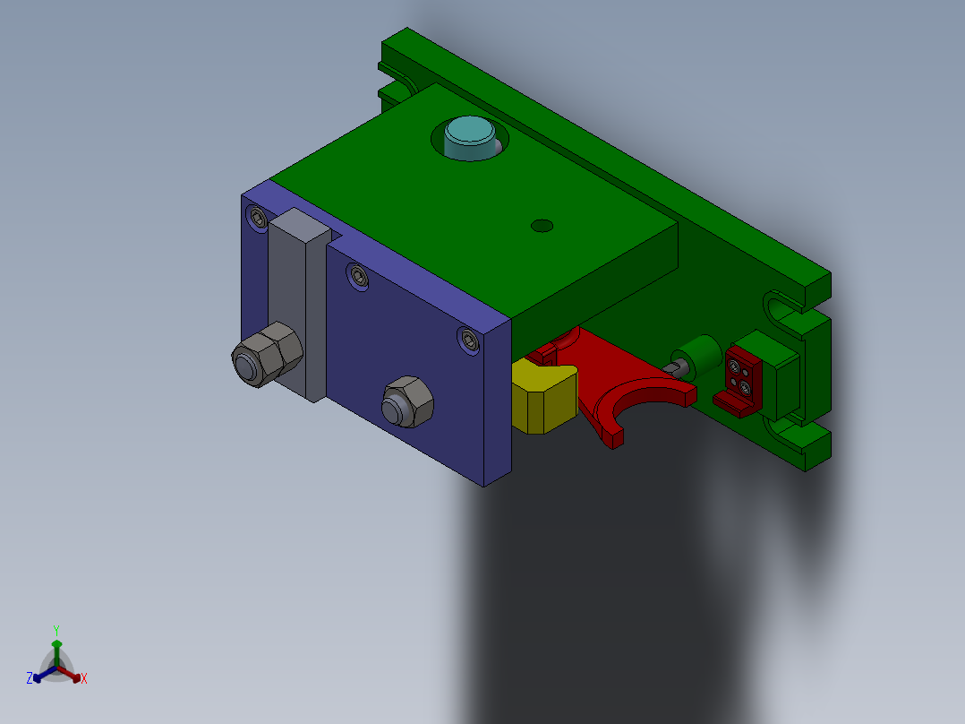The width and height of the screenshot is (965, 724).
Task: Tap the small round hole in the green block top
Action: tap(542, 226)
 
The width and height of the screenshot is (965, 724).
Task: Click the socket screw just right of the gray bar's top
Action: tap(358, 277)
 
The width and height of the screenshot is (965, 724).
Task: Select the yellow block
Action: tap(542, 397)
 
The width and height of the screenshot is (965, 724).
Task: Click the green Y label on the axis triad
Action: tap(56, 630)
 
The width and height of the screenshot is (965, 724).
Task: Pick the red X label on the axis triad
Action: tap(84, 679)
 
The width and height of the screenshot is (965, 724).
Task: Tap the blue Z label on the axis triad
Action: tap(30, 678)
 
